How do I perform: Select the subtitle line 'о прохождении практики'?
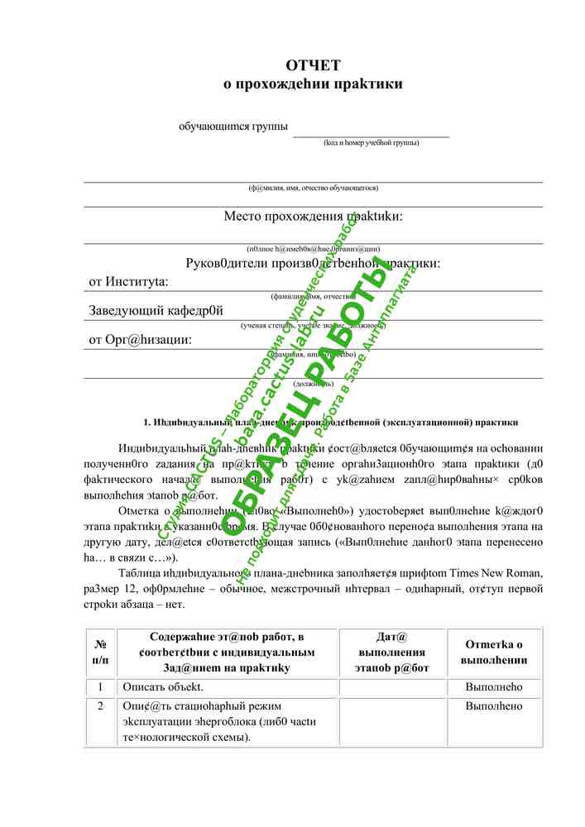click(313, 84)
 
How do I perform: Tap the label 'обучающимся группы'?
click(233, 127)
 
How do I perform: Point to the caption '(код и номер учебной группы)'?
click(371, 142)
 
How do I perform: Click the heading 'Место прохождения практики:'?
click(313, 217)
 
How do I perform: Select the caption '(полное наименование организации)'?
click(313, 248)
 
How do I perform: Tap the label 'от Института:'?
click(128, 282)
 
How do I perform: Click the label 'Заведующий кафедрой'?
click(156, 311)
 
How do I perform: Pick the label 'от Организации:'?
click(140, 340)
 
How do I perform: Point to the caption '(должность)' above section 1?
click(313, 384)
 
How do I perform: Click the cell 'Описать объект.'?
click(162, 687)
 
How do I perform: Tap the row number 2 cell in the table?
click(100, 707)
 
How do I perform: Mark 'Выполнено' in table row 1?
click(494, 687)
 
